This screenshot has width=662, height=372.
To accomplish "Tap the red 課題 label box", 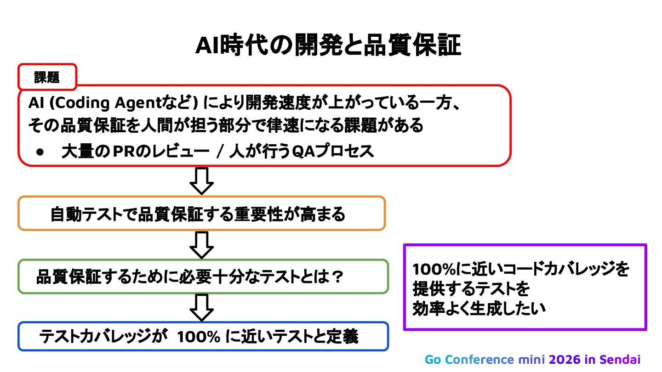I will click(x=47, y=77).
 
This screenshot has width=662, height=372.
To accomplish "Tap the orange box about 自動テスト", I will click(x=201, y=214).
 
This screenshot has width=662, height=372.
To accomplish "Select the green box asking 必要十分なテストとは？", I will click(x=203, y=276).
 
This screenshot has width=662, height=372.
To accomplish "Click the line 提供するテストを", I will click(x=471, y=289).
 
